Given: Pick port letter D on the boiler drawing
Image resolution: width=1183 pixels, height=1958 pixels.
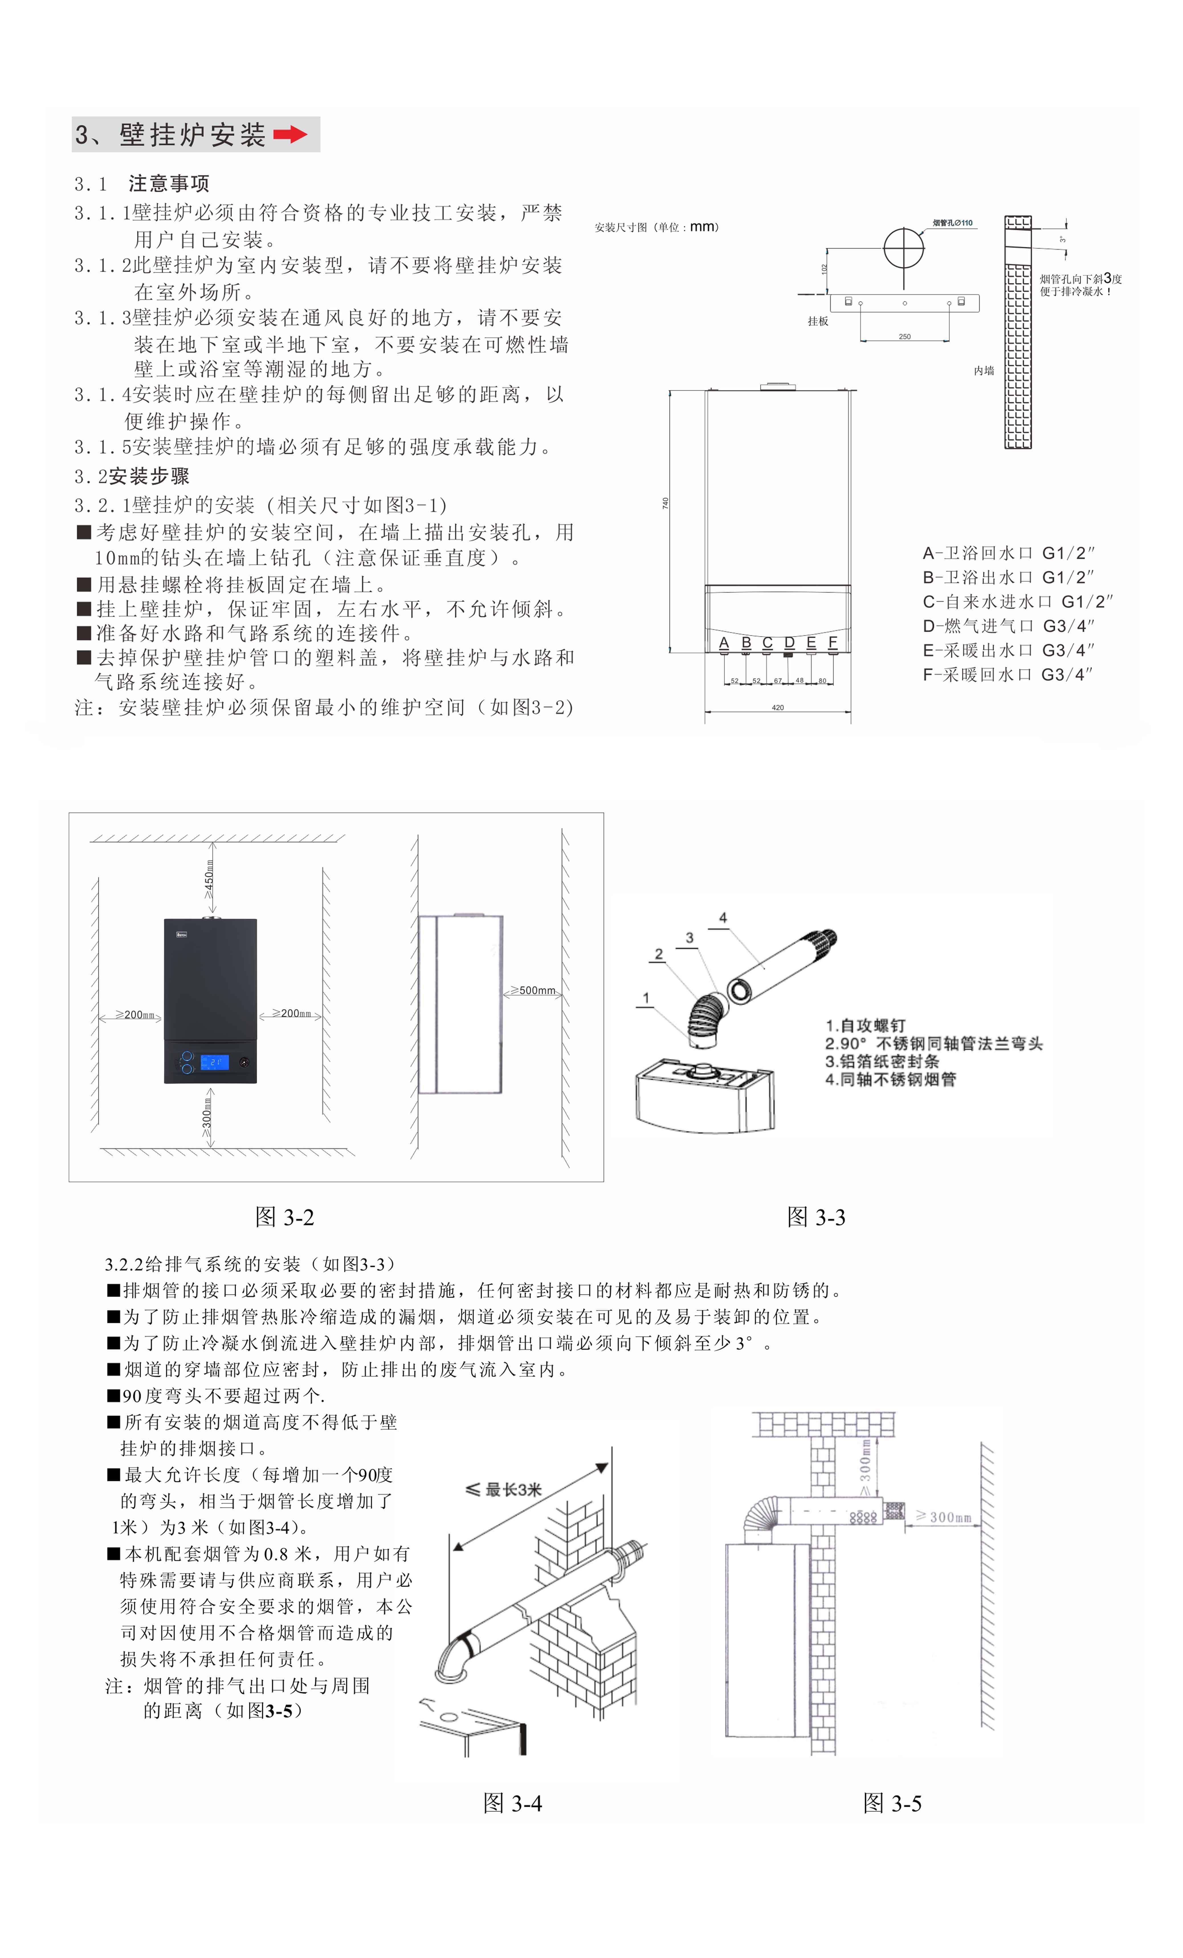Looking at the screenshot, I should pos(789,642).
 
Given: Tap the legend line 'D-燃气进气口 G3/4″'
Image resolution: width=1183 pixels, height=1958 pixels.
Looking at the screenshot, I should pos(1007,626).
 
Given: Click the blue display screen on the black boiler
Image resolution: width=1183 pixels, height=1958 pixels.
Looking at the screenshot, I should pos(215,1062).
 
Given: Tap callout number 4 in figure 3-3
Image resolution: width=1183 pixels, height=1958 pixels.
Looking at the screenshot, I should pos(722,918).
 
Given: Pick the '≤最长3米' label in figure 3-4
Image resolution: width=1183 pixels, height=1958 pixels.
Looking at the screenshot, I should pos(504,1489).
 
